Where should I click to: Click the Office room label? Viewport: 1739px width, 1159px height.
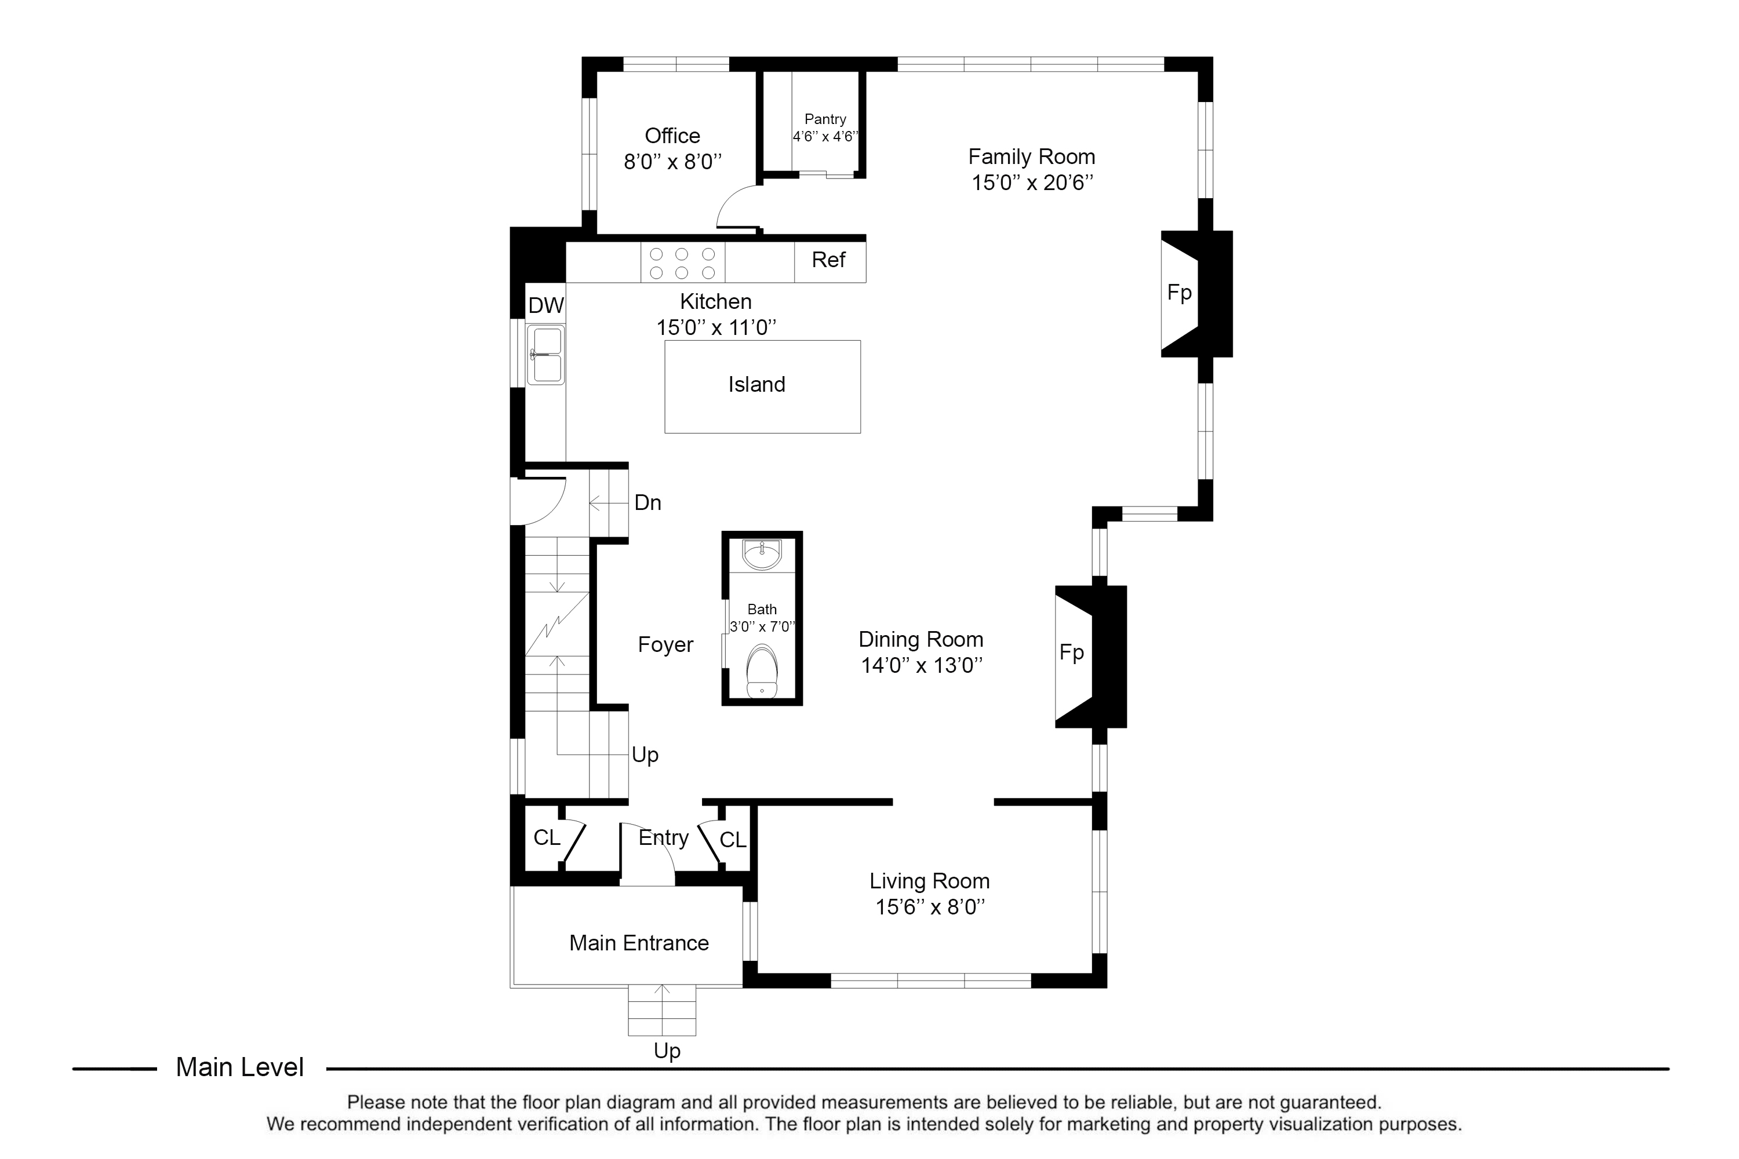coord(672,136)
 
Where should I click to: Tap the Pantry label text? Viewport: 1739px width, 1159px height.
coord(825,119)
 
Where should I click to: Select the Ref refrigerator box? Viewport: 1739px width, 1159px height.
coord(830,260)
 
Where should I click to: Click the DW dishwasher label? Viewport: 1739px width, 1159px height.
coord(545,305)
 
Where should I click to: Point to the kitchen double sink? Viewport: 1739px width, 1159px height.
coord(545,355)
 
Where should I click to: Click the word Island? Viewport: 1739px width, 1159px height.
coord(756,384)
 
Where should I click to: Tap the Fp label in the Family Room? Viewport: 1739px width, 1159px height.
coord(1179,293)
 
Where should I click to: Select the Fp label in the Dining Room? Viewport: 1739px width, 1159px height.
coord(1071,652)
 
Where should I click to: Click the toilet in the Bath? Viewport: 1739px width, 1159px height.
coord(762,670)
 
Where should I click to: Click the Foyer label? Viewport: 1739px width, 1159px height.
coord(665,644)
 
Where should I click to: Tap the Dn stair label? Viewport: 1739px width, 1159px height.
coord(647,502)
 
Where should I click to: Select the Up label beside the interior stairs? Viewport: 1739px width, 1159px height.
coord(645,755)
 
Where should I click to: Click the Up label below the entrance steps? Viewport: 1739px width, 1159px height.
coord(667,1050)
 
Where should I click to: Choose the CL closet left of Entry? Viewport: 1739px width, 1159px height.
coord(547,837)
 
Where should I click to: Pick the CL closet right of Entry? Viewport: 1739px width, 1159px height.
coord(733,840)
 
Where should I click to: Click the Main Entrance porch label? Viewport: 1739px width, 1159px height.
coord(639,943)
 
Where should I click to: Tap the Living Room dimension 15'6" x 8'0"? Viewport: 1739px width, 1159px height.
coord(930,907)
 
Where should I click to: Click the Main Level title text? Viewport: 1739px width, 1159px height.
coord(239,1067)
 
